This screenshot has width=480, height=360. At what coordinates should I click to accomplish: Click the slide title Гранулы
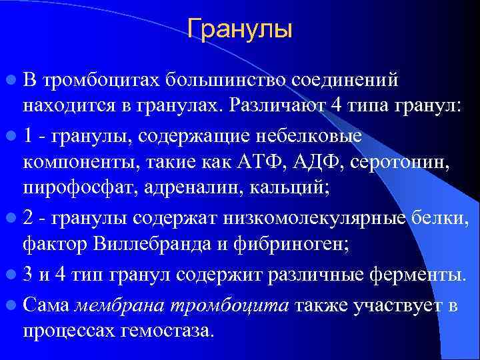click(x=239, y=29)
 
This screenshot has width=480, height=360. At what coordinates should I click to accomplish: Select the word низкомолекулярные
click(x=320, y=217)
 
